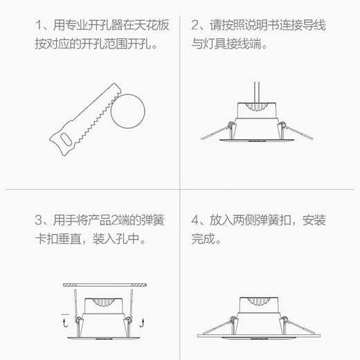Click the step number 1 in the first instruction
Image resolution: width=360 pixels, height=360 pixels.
[x=39, y=26]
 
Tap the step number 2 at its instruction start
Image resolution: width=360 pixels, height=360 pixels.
[x=195, y=26]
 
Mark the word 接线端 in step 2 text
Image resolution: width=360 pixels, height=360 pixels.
[x=247, y=46]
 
